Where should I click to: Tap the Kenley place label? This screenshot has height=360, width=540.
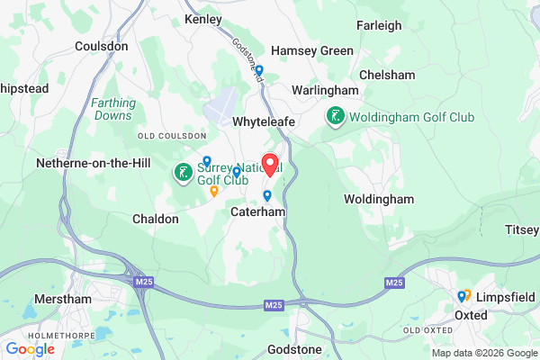(x=202, y=18)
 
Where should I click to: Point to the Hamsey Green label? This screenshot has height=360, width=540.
(x=312, y=50)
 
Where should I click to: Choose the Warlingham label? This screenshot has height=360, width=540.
(x=325, y=90)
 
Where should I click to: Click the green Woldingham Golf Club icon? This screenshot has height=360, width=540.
(x=335, y=116)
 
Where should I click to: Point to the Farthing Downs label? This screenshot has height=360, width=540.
(x=113, y=109)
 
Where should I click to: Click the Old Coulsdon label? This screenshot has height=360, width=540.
(x=165, y=135)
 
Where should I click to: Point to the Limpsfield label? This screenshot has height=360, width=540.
(x=507, y=296)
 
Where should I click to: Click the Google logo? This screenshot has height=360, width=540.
(x=30, y=348)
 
